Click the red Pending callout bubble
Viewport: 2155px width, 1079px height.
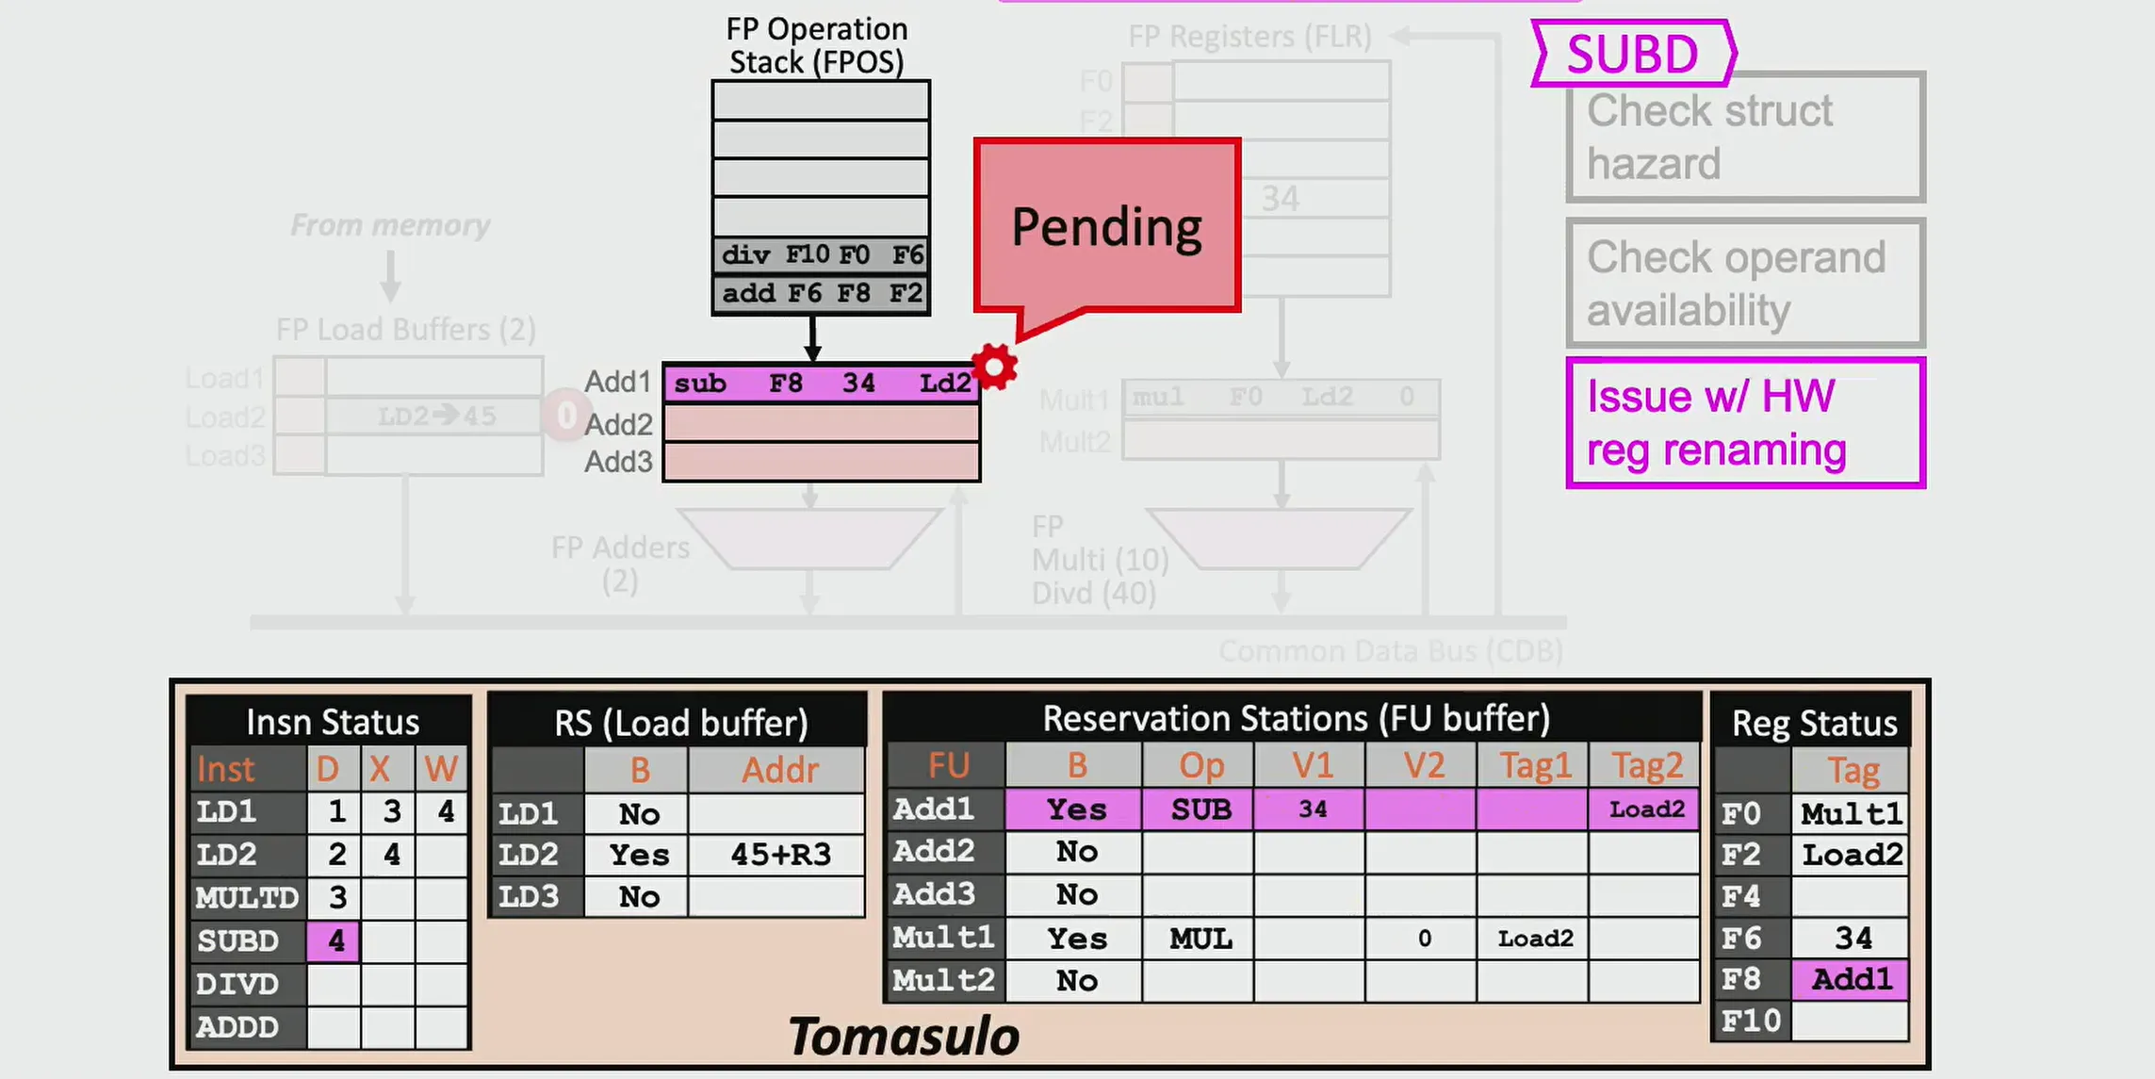click(1107, 226)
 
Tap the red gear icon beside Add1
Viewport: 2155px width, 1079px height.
click(995, 367)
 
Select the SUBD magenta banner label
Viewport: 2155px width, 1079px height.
click(1632, 54)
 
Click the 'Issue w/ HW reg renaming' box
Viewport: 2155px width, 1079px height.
click(1745, 423)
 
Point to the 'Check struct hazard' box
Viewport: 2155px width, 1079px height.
click(1745, 138)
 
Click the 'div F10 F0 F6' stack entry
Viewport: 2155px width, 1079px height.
click(821, 254)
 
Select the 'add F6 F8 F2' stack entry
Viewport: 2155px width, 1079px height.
click(821, 293)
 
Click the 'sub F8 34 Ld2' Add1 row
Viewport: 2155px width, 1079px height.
click(821, 384)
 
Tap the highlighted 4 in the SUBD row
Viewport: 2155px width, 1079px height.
click(335, 940)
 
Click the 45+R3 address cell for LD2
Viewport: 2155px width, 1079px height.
click(779, 855)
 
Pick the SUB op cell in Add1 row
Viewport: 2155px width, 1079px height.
click(1200, 809)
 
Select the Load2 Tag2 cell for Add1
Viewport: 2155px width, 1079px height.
click(1645, 809)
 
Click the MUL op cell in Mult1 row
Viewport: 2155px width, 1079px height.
click(1200, 939)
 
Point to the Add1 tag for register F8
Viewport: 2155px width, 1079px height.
click(1851, 979)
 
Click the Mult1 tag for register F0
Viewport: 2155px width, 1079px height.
click(1851, 813)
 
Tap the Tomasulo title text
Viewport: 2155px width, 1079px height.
click(903, 1037)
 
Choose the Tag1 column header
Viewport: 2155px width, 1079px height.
click(1534, 766)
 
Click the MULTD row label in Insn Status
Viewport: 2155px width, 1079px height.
click(247, 897)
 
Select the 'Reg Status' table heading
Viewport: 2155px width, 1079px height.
click(1813, 723)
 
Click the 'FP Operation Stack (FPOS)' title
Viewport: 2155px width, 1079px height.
click(816, 45)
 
